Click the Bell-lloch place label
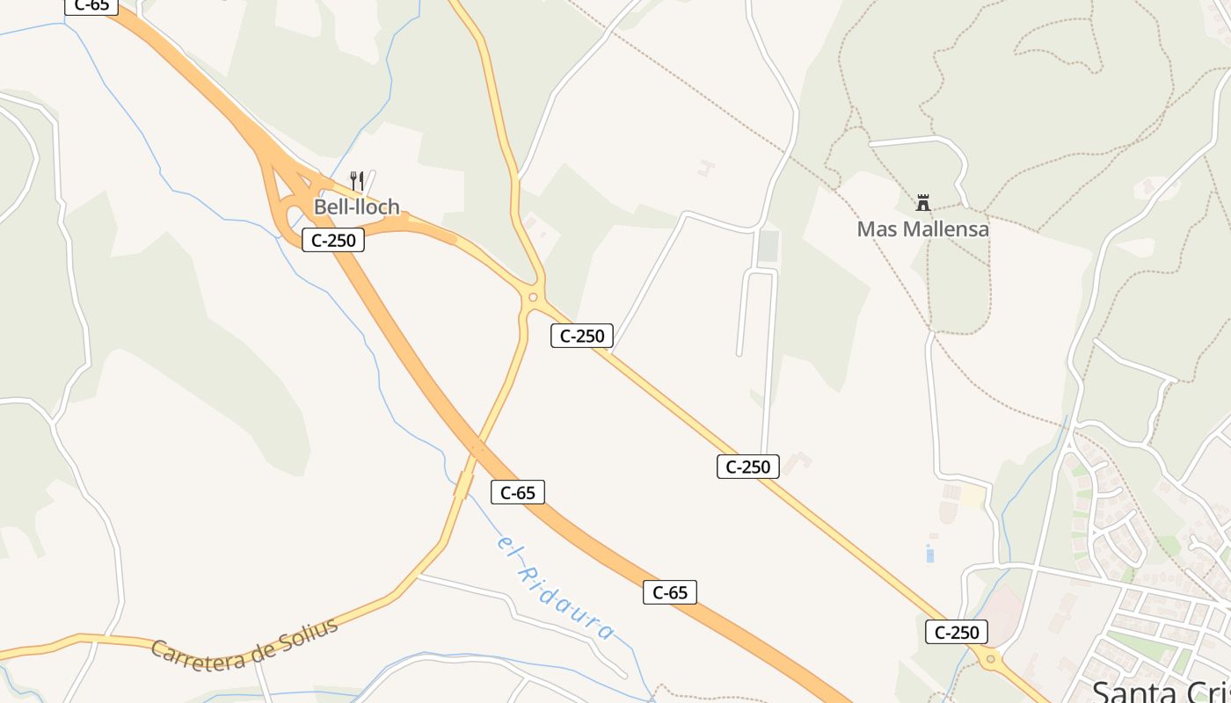pos(357,207)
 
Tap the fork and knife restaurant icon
pos(357,181)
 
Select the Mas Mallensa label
pos(922,229)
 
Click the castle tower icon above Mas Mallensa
pos(923,203)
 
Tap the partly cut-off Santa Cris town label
pos(1161,690)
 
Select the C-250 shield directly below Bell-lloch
pos(333,239)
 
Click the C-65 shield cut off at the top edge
pos(91,5)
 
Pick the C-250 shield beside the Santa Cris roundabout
pos(957,632)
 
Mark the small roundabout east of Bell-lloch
pos(531,298)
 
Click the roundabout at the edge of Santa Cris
pos(991,658)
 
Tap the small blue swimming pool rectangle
pos(929,554)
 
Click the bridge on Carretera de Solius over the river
pos(463,484)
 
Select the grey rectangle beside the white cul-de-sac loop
pos(768,246)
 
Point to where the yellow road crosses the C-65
pos(477,448)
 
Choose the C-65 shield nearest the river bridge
pos(518,492)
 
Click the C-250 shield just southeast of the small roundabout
pos(582,335)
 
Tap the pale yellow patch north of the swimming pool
pos(972,496)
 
